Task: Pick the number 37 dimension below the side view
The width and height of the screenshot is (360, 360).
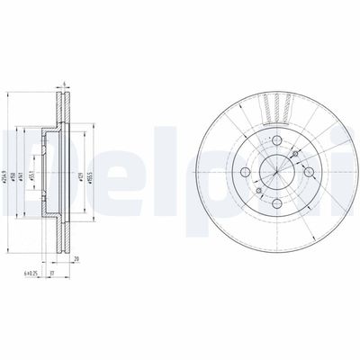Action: coord(54,273)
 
